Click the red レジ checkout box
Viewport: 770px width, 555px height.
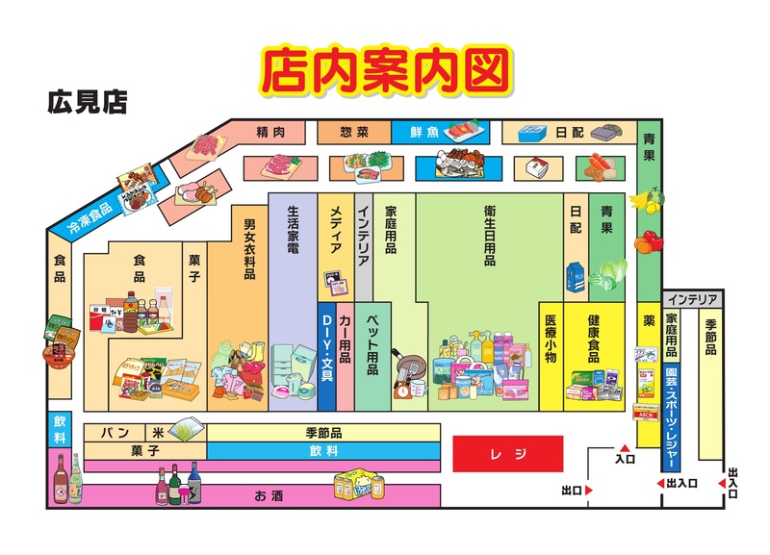(x=507, y=453)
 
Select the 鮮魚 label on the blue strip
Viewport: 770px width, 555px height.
(x=424, y=132)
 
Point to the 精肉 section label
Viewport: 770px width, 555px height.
(x=271, y=131)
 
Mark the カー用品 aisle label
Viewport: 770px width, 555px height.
(x=346, y=338)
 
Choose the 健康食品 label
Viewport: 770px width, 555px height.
(x=592, y=339)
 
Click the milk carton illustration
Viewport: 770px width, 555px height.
(x=575, y=276)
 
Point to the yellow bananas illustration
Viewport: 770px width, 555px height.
(x=641, y=199)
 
